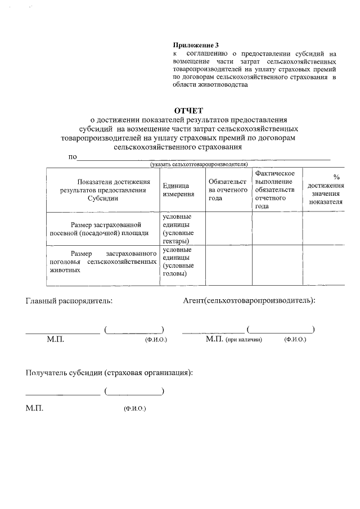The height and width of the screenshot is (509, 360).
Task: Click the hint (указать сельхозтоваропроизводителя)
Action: coord(199,164)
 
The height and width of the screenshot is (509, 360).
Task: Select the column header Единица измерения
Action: coord(179,190)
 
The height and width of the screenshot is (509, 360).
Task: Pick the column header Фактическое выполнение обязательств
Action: coord(276,190)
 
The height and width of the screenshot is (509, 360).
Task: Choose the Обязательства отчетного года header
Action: coord(228,190)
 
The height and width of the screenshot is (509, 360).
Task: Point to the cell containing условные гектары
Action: coord(179,228)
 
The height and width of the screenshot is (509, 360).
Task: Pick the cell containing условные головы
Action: coord(179,262)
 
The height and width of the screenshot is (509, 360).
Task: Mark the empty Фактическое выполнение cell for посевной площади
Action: coord(276,228)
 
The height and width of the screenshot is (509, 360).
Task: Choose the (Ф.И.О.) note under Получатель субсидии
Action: coord(135,408)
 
